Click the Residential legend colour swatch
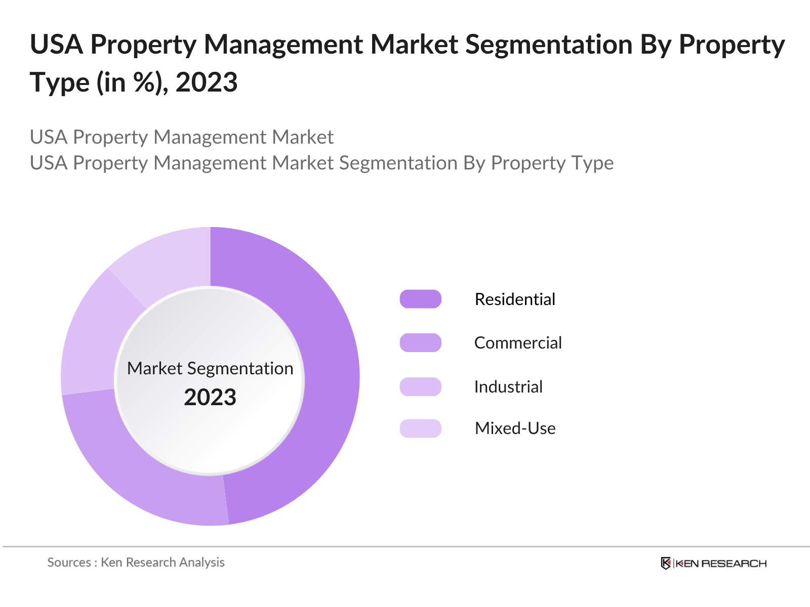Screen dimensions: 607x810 coord(420,299)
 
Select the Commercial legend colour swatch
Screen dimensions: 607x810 coord(420,342)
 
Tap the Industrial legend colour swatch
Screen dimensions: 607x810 coord(420,386)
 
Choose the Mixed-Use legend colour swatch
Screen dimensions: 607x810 coord(420,428)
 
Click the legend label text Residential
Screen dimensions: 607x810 coord(515,299)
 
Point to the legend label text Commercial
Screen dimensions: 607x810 coord(518,342)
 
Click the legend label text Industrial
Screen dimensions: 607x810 coord(508,386)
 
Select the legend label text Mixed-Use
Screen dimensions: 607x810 coord(515,428)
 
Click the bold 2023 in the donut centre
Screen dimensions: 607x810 coord(210,397)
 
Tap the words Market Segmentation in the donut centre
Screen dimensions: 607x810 coord(210,368)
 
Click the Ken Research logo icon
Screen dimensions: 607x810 coord(666,563)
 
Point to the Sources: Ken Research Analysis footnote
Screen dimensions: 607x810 coord(136,562)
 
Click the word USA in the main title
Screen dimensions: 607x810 coord(56,45)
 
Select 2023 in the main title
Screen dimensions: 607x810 coord(207,82)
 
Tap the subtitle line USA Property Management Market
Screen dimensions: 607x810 coord(181,137)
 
